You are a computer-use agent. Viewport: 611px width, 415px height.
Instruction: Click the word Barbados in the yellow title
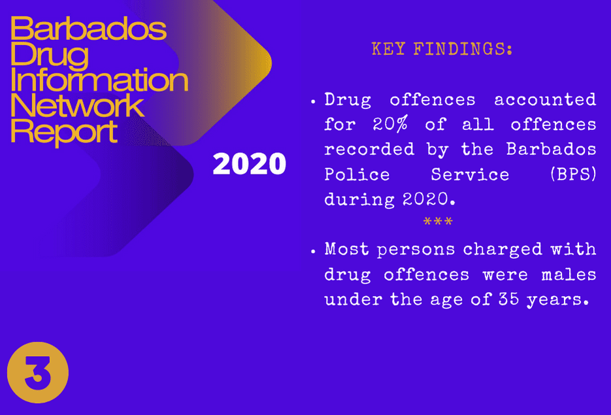[x=88, y=29]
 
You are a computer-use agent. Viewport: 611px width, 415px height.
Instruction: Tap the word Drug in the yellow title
[x=50, y=54]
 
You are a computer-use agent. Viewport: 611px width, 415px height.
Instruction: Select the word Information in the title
[x=99, y=80]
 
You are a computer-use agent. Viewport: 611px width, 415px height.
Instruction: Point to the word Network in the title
[x=77, y=105]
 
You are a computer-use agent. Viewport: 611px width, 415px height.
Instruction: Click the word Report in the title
[x=64, y=132]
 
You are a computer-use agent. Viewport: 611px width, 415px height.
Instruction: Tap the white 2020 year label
[x=250, y=163]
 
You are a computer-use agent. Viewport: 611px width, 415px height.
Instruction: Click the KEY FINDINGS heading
[x=442, y=49]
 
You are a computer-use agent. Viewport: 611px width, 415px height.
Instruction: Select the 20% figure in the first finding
[x=390, y=124]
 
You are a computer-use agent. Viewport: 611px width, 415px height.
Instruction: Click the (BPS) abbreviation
[x=573, y=174]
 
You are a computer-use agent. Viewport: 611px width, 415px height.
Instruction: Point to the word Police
[x=357, y=174]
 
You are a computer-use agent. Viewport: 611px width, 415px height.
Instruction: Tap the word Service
[x=470, y=174]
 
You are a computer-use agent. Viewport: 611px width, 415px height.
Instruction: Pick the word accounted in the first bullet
[x=545, y=100]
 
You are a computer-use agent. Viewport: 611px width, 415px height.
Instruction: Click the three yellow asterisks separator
[x=438, y=222]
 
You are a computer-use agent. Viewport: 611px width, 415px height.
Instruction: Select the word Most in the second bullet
[x=346, y=249]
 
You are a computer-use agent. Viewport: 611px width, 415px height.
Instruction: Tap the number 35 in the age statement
[x=508, y=299]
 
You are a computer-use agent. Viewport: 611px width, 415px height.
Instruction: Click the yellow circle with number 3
[x=38, y=373]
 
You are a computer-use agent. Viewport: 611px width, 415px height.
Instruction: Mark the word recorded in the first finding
[x=369, y=149]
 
